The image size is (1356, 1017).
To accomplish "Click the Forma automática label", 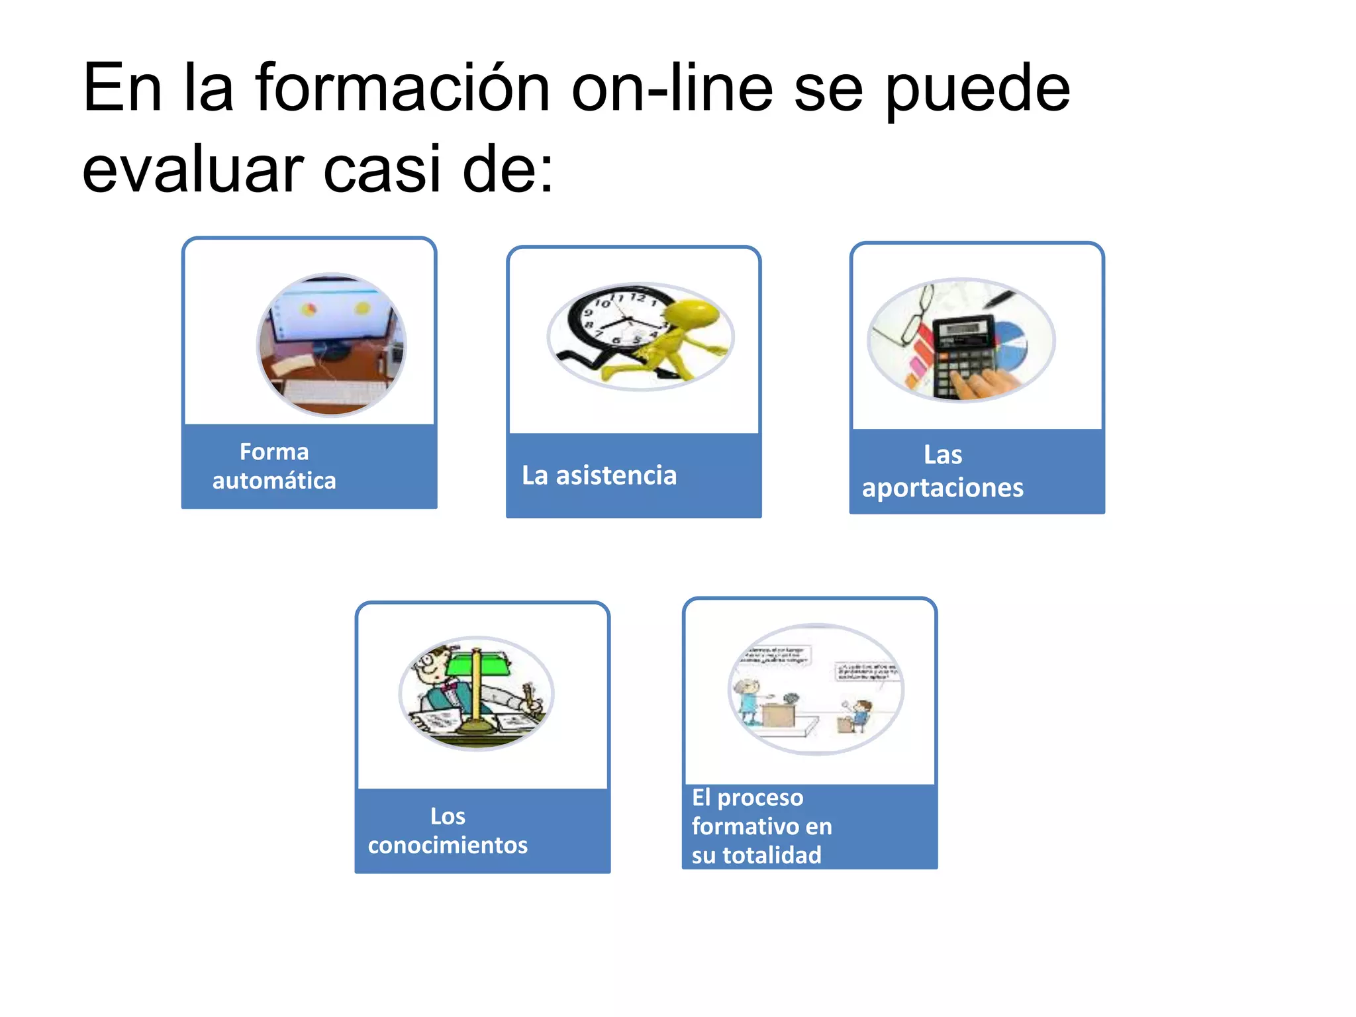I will (x=274, y=466).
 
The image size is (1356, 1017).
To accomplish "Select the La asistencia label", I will (x=599, y=475).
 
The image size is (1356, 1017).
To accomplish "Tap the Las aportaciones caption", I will (x=943, y=471).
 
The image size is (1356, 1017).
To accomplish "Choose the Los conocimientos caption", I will (x=448, y=830).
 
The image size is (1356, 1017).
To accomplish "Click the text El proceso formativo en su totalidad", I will (x=761, y=826).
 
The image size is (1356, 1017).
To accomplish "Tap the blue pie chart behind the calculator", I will (x=1010, y=344).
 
